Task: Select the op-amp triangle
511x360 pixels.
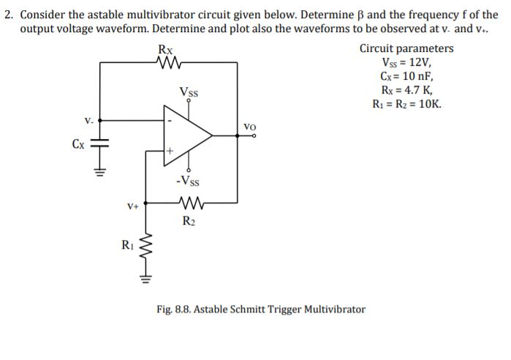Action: click(x=186, y=135)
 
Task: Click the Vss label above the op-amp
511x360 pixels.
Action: click(x=189, y=93)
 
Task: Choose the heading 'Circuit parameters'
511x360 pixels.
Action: click(x=406, y=49)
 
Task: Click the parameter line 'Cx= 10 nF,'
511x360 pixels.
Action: click(x=406, y=76)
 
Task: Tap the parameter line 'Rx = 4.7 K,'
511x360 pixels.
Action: click(x=406, y=90)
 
